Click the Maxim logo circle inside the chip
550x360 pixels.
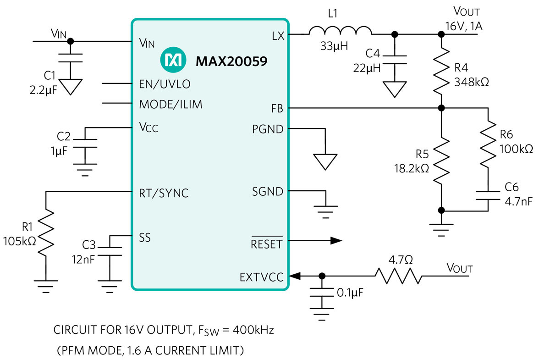click(173, 60)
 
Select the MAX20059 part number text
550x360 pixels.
click(231, 61)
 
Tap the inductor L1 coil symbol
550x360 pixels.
click(340, 30)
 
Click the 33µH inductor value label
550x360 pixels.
click(334, 46)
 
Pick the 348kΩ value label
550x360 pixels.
click(472, 82)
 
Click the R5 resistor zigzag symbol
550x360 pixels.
click(441, 161)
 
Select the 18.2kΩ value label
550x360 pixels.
click(412, 169)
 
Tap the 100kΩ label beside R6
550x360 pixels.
click(517, 149)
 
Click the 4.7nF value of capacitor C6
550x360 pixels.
click(518, 201)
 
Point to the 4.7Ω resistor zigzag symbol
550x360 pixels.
click(398, 276)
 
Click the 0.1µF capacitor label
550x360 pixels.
click(350, 293)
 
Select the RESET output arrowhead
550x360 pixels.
click(336, 241)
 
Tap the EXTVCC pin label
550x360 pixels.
click(262, 277)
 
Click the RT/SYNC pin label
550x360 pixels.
click(164, 193)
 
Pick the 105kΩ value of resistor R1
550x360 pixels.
click(20, 241)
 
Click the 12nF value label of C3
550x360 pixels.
click(83, 260)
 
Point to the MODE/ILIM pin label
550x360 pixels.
click(170, 105)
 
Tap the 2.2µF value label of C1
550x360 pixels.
click(43, 90)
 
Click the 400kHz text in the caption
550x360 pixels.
click(253, 330)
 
